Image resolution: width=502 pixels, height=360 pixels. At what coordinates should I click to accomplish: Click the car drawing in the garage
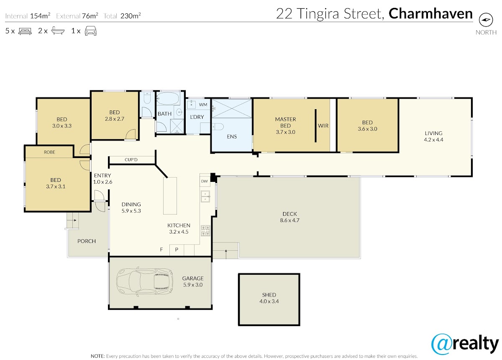click(145, 281)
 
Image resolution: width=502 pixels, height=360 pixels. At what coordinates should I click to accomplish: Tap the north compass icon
click(486, 20)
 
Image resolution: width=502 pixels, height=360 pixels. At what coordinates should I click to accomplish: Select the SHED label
click(269, 295)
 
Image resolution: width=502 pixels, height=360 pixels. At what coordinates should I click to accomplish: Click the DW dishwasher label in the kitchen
click(205, 181)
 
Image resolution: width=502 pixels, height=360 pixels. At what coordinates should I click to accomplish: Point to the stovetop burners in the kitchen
click(205, 231)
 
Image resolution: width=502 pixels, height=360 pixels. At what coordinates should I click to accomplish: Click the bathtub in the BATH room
click(168, 99)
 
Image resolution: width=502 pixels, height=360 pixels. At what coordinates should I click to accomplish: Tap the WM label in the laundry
click(203, 105)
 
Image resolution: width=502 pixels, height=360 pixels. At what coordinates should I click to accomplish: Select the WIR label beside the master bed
click(323, 126)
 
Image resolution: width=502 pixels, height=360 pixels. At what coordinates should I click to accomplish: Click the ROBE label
click(49, 152)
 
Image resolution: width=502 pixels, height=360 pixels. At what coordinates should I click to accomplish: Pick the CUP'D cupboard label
click(131, 160)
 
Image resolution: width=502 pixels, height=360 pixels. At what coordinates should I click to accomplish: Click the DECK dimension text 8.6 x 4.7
click(289, 220)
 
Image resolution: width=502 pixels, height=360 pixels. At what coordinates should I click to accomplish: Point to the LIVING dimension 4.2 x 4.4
click(433, 140)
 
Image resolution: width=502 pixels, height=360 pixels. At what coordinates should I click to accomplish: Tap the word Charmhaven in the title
click(430, 14)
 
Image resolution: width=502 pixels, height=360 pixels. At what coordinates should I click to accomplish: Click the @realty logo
click(465, 345)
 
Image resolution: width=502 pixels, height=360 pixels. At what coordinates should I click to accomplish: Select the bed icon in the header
click(25, 31)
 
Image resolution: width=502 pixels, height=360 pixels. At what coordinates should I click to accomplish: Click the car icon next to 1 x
click(90, 31)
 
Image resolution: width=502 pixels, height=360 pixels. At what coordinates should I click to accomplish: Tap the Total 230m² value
click(131, 16)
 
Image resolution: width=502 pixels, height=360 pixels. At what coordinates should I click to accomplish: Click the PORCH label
click(87, 241)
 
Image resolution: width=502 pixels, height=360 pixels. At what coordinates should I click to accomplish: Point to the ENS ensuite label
click(232, 136)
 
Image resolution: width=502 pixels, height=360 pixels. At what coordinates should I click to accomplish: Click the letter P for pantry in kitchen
click(177, 249)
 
